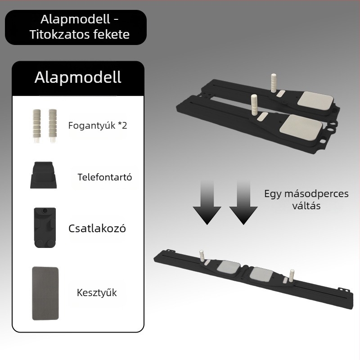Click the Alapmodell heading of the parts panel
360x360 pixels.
[78, 77]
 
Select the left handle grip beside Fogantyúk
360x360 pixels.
[37, 126]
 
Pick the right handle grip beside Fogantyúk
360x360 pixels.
[53, 126]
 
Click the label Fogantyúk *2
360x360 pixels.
[98, 126]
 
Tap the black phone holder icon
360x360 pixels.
[43, 175]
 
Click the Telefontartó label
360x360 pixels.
[105, 177]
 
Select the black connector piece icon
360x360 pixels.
[45, 228]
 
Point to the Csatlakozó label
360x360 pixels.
[97, 229]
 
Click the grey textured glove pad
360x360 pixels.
[45, 293]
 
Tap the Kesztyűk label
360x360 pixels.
[97, 293]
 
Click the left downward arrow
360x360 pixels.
[207, 202]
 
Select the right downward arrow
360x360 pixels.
[243, 202]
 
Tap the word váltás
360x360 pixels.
[306, 206]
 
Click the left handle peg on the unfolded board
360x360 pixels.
[202, 256]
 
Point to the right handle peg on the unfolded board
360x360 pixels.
[292, 275]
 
